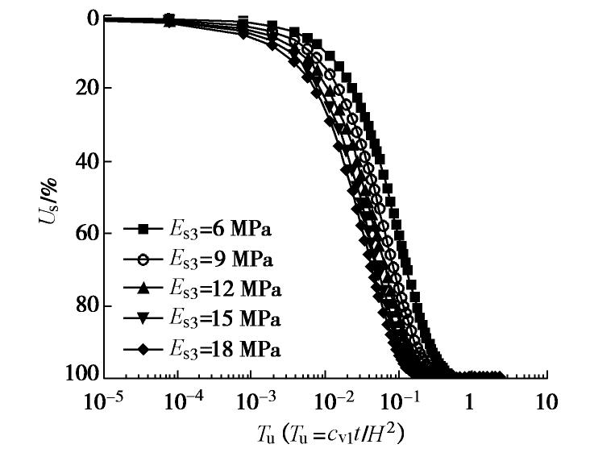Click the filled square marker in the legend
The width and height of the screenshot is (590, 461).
coord(143,230)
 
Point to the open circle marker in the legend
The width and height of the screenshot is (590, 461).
coord(143,260)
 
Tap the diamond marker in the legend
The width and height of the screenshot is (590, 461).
coord(143,349)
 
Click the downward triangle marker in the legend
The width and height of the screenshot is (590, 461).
coord(143,319)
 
